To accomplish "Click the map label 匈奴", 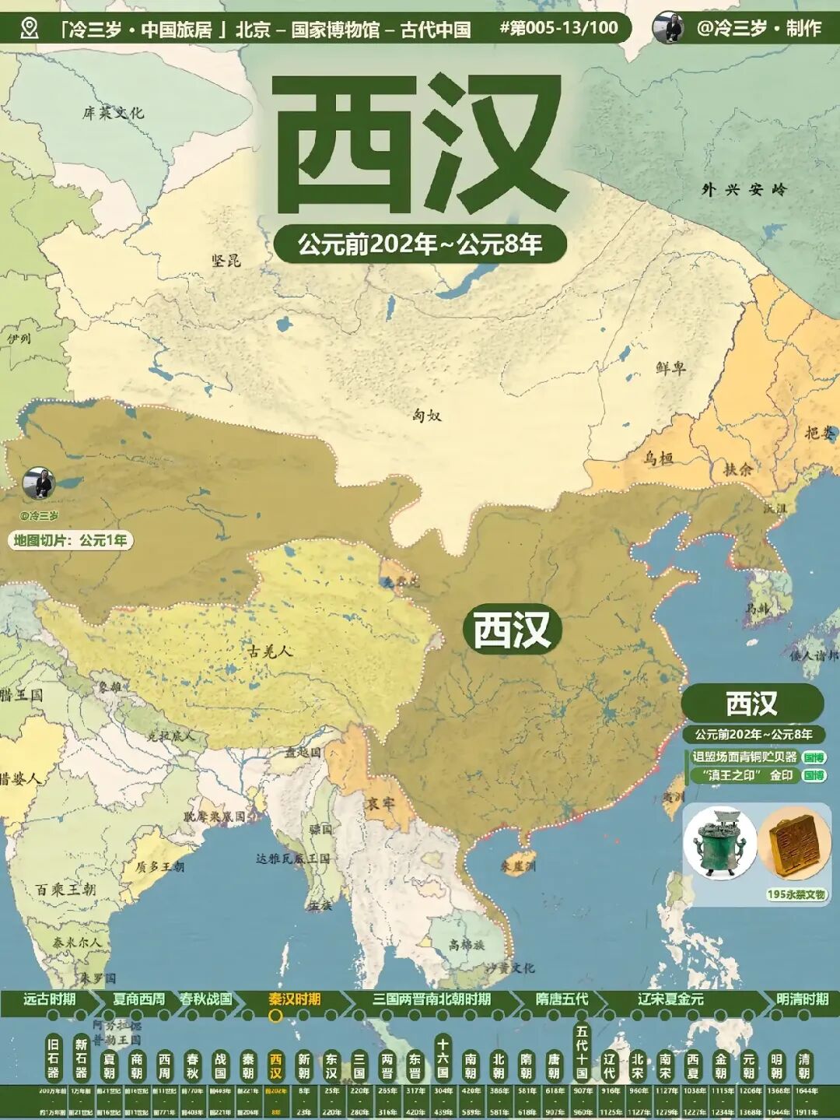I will (427, 416).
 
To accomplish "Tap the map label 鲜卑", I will (670, 367).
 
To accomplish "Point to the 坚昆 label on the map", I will (226, 260).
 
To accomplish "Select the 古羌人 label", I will (271, 651).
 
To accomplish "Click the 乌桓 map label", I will (658, 458).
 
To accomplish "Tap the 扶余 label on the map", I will (738, 469).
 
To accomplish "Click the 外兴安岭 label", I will (744, 189).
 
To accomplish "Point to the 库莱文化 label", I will (114, 113).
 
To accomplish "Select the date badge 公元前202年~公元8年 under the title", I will (420, 244).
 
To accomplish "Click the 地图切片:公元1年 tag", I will (70, 540).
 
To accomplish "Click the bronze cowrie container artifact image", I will (720, 844).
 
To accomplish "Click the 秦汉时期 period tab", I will (295, 999).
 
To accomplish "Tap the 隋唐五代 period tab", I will (562, 999).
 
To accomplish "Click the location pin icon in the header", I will (30, 29).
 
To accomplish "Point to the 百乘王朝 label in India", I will (66, 889).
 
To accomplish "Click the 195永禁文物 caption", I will (796, 894).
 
